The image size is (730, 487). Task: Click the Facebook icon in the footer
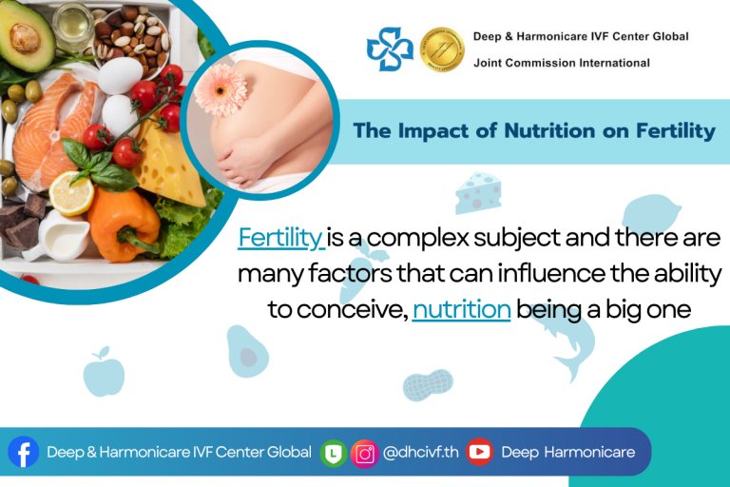pyautogui.click(x=22, y=452)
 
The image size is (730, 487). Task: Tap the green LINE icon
pyautogui.click(x=333, y=453)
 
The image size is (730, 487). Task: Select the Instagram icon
pyautogui.click(x=364, y=453)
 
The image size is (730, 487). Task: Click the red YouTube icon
pyautogui.click(x=480, y=452)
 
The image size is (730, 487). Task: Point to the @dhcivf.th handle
pyautogui.click(x=421, y=453)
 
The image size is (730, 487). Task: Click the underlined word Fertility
pyautogui.click(x=280, y=237)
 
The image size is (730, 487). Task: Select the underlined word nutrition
pyautogui.click(x=462, y=309)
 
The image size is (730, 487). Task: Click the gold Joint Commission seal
pyautogui.click(x=442, y=49)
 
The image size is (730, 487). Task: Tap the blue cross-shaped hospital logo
pyautogui.click(x=392, y=49)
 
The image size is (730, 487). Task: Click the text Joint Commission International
pyautogui.click(x=562, y=63)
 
